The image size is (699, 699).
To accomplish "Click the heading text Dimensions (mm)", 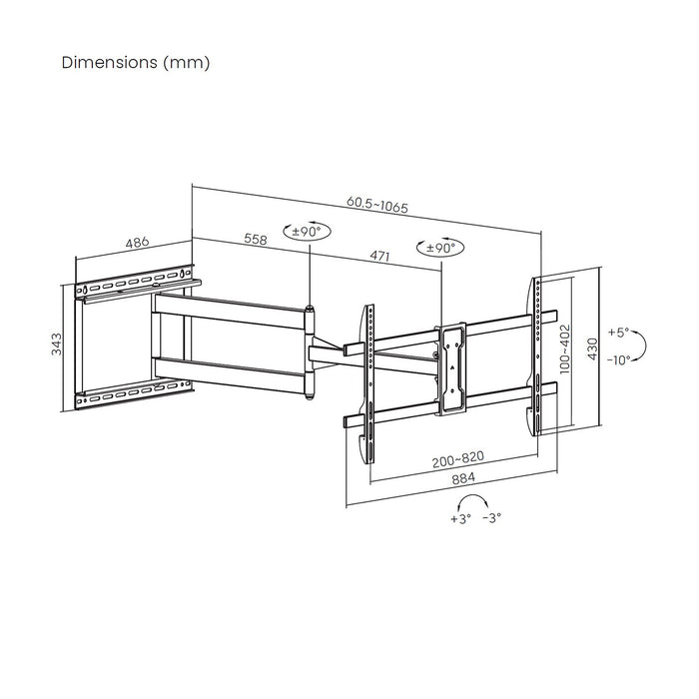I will click(x=136, y=62).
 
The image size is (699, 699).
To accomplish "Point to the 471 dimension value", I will click(x=379, y=257).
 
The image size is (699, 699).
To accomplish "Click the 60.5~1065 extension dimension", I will click(x=377, y=204).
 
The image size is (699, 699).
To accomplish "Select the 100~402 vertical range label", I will click(x=564, y=346).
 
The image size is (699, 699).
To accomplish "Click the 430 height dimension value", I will click(x=591, y=348).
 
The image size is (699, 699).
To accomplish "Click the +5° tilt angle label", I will click(x=620, y=333).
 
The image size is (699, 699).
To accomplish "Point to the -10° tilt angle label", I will click(x=618, y=360).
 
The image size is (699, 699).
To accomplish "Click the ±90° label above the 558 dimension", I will click(x=306, y=231).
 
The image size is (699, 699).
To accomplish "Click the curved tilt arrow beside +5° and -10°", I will click(x=643, y=347).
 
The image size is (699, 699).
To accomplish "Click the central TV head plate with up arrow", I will click(x=452, y=366).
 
